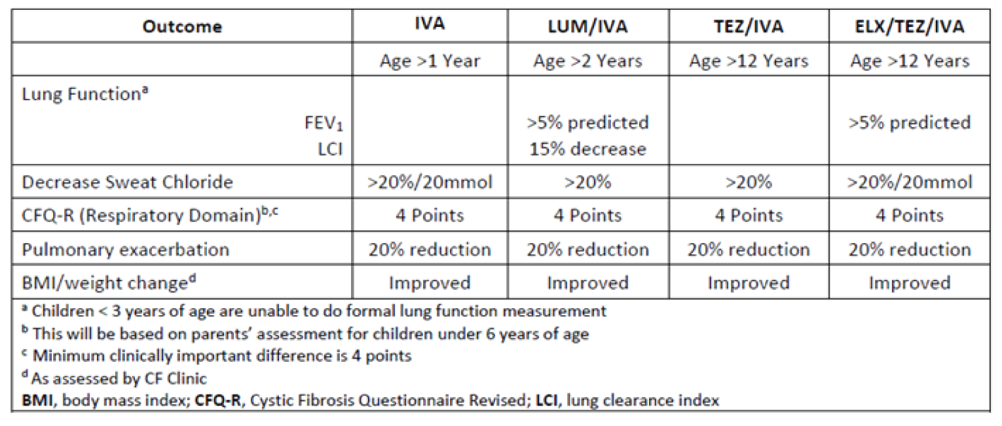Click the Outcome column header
(x=181, y=27)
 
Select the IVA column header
(x=430, y=26)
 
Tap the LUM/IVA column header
(x=587, y=27)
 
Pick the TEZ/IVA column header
(x=748, y=27)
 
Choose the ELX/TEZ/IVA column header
(x=909, y=27)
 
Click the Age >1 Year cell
(x=430, y=61)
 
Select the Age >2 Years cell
(x=587, y=61)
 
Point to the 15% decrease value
(x=587, y=149)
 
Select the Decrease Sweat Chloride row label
(x=127, y=182)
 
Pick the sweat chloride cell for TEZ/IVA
(x=748, y=182)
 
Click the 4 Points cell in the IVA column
(x=430, y=216)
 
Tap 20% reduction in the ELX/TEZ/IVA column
(x=909, y=250)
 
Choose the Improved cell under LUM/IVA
(x=587, y=283)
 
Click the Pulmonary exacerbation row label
(x=126, y=250)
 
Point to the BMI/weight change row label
(x=109, y=283)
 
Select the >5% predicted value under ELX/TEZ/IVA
(x=909, y=123)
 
